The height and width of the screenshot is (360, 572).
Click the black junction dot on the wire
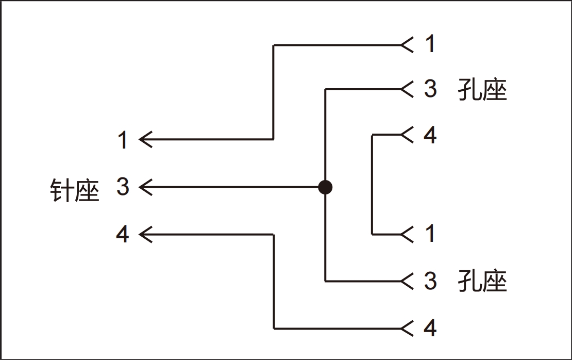point(325,187)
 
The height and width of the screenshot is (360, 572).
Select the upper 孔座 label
point(482,90)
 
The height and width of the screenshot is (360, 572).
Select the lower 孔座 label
point(482,282)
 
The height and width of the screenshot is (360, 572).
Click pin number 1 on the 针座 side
point(123,140)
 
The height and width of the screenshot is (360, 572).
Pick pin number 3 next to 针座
point(123,187)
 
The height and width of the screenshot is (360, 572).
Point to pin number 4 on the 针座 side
point(123,235)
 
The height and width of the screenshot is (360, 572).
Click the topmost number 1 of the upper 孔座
point(430,44)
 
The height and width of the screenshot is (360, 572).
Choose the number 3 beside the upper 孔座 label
point(430,89)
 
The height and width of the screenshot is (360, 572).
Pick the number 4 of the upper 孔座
point(430,135)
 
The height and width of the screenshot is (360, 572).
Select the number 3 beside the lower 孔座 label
point(430,281)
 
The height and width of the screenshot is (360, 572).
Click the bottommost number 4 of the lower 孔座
point(430,328)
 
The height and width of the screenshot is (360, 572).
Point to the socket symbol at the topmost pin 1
point(407,45)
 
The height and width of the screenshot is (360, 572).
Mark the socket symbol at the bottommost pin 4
point(407,328)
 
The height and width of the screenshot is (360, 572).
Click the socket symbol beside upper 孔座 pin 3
point(407,90)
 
